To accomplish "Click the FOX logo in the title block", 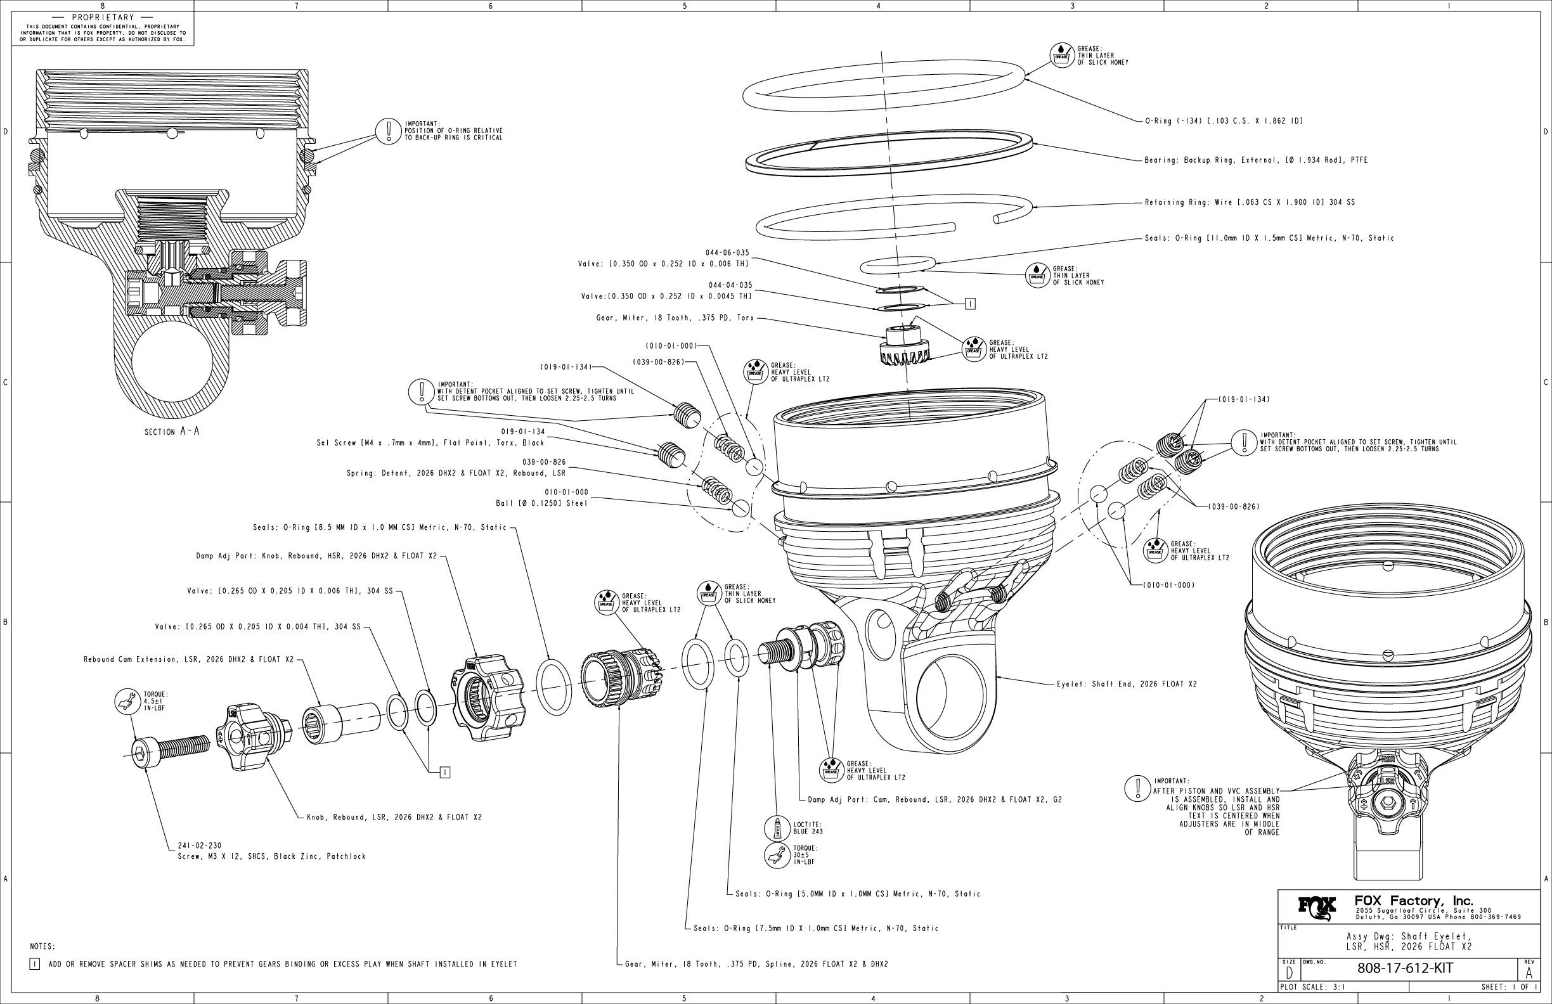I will click(x=1317, y=908).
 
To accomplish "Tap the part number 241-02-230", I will click(x=200, y=846).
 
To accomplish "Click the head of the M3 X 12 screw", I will click(x=143, y=756).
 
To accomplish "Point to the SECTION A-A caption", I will click(x=172, y=432).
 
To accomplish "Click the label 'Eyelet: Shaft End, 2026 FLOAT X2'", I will click(x=1127, y=685).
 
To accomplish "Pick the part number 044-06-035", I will click(x=727, y=252).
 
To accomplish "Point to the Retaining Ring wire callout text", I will click(x=1250, y=202).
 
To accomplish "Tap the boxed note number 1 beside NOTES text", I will click(x=35, y=964).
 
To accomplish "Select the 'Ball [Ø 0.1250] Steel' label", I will click(x=541, y=503).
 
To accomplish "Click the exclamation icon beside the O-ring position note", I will click(x=388, y=131).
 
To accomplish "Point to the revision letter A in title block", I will click(x=1529, y=972).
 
